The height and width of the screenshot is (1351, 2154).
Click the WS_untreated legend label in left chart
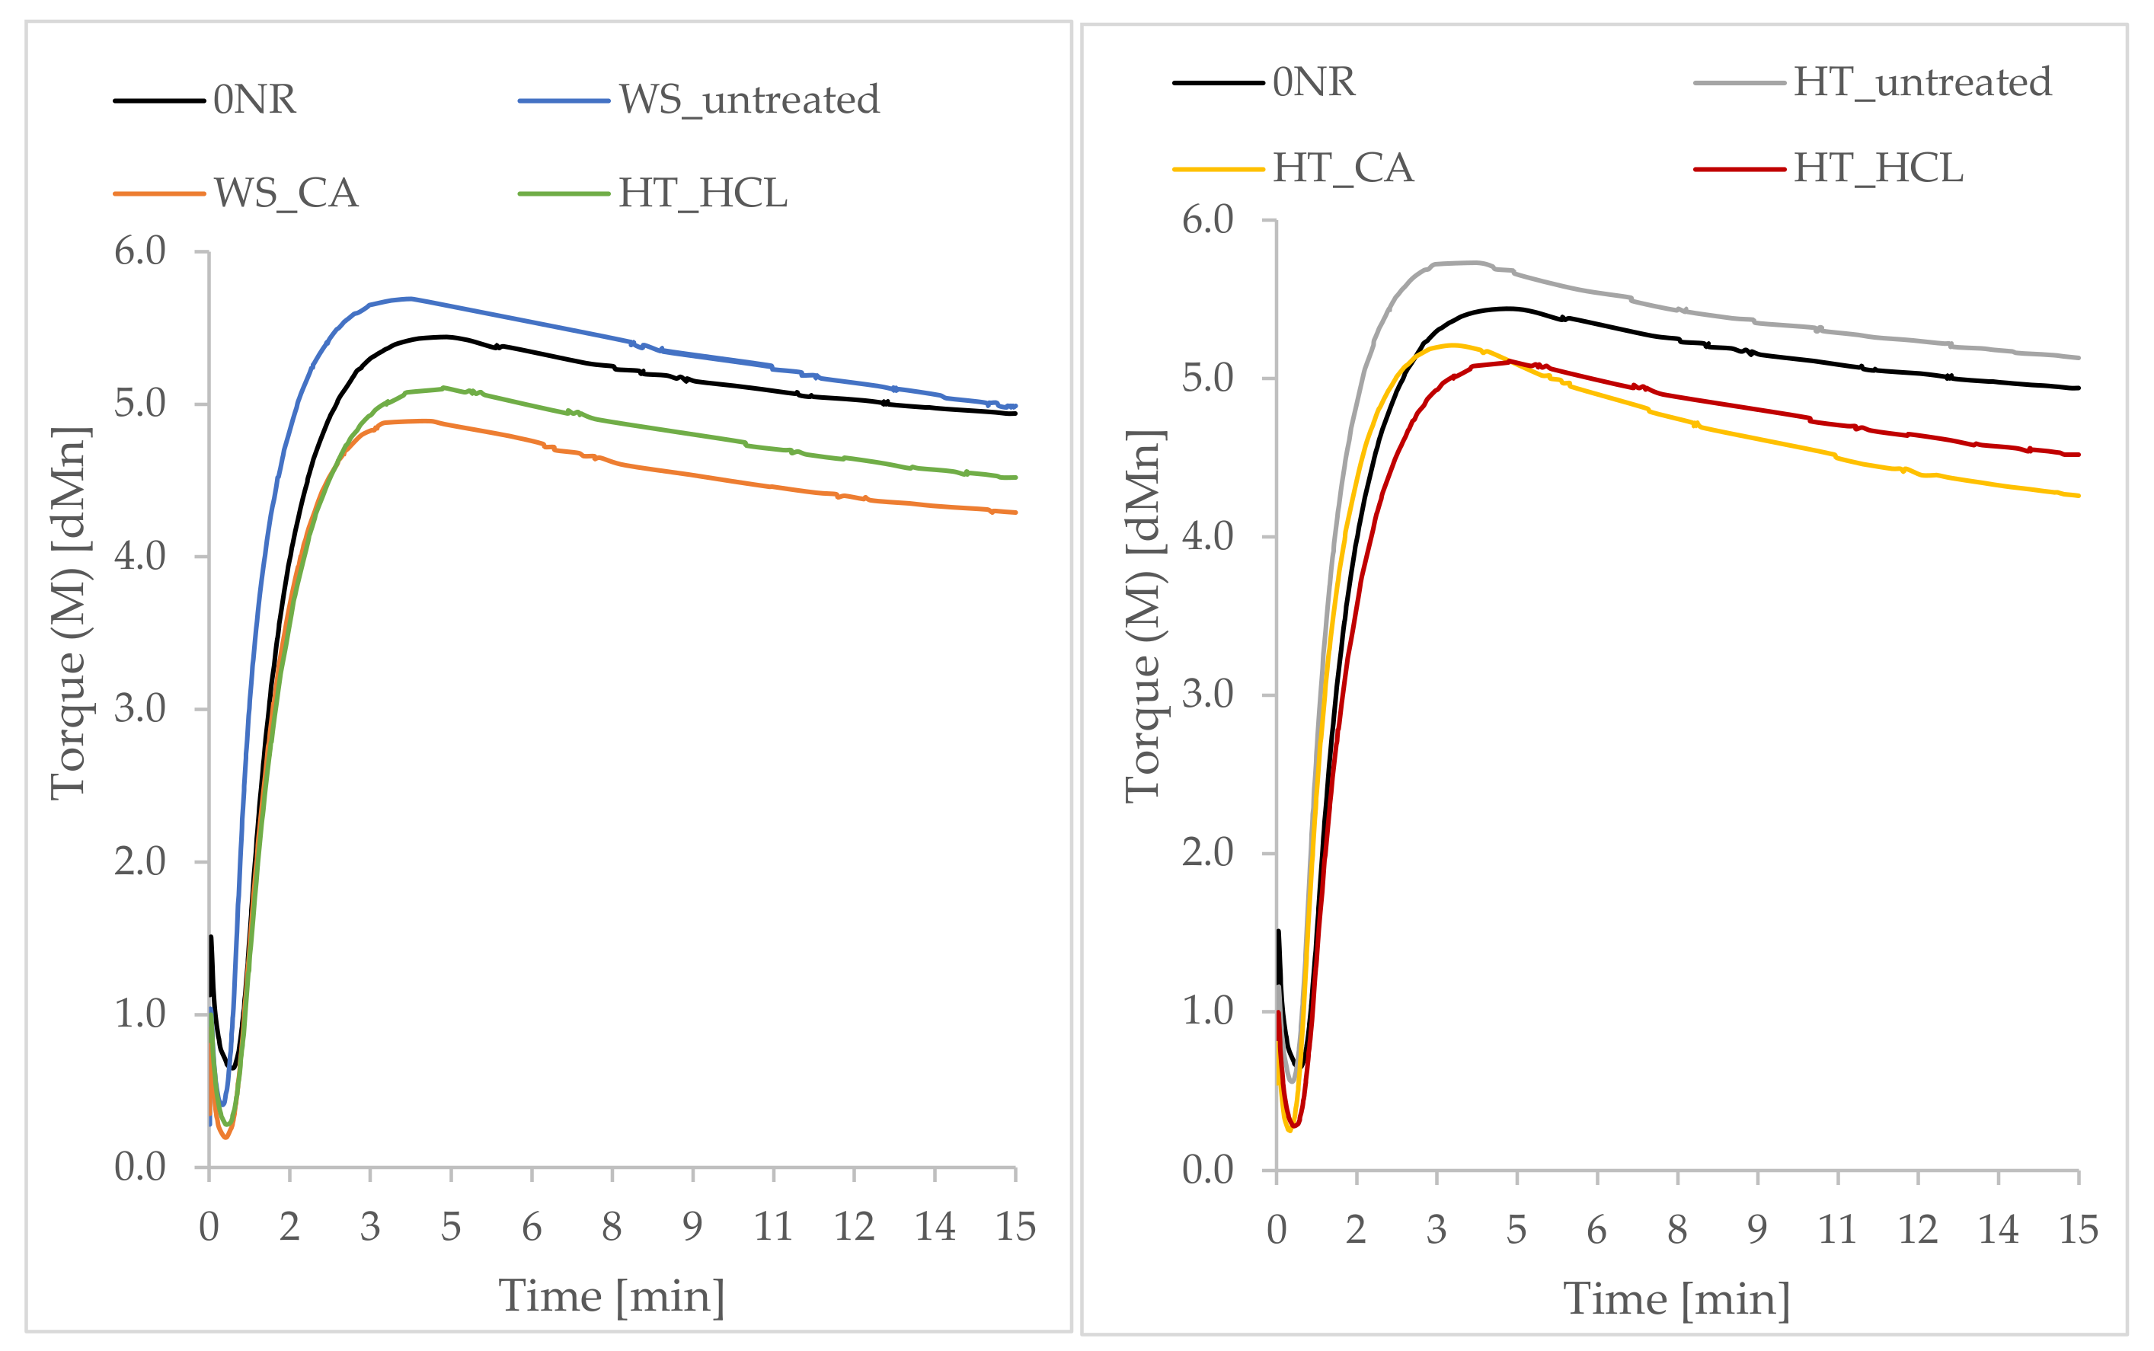[749, 99]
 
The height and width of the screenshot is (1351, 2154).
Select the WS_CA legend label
[286, 193]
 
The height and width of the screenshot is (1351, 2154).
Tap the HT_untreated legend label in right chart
[1922, 82]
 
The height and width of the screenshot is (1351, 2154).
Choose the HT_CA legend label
[1344, 168]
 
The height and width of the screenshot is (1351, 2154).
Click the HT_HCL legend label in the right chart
[1879, 168]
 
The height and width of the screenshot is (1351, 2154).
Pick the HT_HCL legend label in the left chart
[703, 193]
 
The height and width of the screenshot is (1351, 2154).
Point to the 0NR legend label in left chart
[254, 99]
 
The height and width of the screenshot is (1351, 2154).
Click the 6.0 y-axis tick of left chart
[140, 251]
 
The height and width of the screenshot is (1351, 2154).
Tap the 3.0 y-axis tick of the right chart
[1208, 695]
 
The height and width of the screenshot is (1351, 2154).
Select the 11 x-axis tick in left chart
[773, 1227]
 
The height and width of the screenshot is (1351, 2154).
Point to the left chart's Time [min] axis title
[612, 1295]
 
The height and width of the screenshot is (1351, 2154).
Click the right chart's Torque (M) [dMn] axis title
[1145, 617]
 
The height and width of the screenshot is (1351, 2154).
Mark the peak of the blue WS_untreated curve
[409, 299]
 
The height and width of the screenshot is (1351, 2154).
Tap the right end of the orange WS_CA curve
[1016, 512]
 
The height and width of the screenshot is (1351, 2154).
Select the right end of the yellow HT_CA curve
[2079, 496]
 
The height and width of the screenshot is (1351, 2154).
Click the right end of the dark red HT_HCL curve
[2079, 455]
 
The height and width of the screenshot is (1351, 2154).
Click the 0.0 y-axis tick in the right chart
[1208, 1170]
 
